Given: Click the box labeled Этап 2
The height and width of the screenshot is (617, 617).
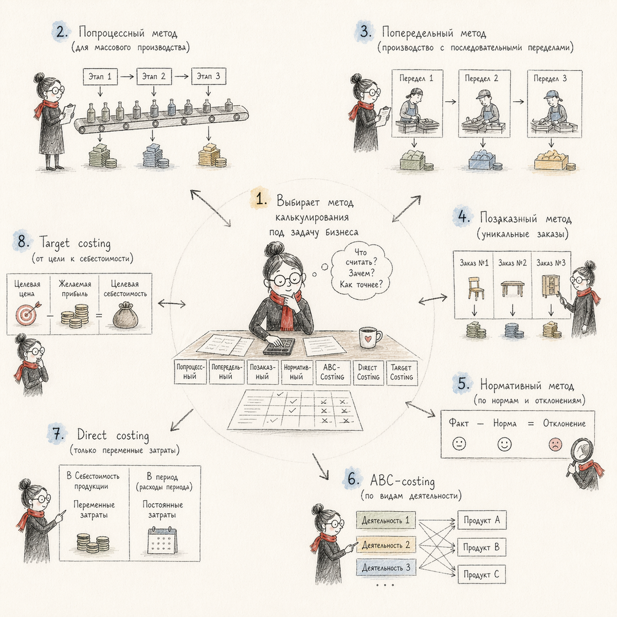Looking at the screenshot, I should (x=154, y=77).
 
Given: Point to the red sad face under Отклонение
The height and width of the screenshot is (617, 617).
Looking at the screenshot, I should (x=555, y=444).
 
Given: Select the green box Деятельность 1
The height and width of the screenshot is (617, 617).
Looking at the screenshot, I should (x=385, y=520).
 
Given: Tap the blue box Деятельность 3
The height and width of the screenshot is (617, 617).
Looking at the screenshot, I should (x=385, y=568).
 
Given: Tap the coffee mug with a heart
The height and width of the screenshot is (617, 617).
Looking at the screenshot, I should (x=369, y=338).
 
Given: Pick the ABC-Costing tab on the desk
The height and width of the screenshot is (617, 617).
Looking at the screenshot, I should (x=332, y=372).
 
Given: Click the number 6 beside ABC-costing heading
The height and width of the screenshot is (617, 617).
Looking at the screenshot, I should (x=352, y=480).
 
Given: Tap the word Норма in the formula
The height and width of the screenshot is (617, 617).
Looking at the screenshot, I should (x=504, y=424).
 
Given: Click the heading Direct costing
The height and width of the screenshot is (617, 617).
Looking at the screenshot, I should (x=113, y=435).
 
